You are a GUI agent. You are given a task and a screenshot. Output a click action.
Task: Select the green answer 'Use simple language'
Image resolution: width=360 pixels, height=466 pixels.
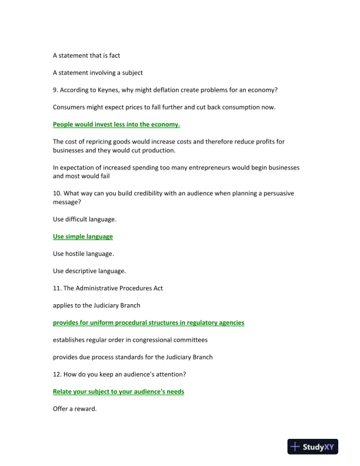[83, 237]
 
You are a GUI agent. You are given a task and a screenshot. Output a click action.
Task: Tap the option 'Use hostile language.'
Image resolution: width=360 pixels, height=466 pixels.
[84, 254]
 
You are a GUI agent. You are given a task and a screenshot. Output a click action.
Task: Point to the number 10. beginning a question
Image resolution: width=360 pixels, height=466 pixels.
[58, 194]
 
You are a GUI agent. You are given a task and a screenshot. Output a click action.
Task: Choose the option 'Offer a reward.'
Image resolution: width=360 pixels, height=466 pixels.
[75, 409]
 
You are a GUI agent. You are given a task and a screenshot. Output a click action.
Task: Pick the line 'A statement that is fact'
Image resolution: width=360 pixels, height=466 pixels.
[91, 55]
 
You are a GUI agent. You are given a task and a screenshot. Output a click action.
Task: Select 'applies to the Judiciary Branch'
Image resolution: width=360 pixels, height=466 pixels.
[96, 305]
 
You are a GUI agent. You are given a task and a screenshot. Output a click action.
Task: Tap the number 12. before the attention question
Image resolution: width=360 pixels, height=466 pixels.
[58, 374]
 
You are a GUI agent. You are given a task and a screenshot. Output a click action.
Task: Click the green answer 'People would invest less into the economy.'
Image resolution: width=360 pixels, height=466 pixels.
[116, 124]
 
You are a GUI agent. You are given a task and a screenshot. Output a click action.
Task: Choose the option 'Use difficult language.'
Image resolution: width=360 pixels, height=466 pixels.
[85, 219]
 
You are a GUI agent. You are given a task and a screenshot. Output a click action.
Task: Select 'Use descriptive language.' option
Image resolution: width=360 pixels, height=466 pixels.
[89, 271]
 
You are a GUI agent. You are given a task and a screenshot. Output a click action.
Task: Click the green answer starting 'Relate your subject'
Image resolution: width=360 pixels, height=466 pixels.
[118, 391]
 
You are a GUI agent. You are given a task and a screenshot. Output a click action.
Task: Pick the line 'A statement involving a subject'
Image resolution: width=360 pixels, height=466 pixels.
[98, 72]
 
